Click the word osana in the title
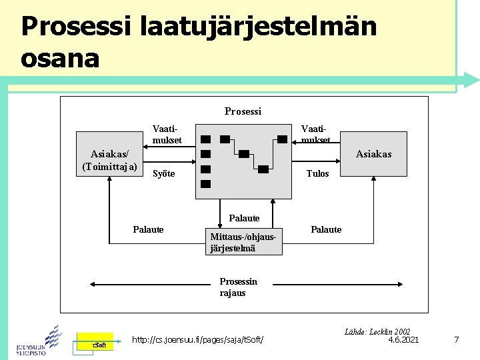[60, 58]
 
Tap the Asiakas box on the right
[374, 154]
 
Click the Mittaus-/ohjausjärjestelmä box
[243, 243]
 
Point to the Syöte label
[164, 174]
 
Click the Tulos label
[317, 174]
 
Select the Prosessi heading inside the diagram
[243, 111]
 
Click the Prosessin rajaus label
[238, 287]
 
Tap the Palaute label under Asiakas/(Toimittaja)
[148, 230]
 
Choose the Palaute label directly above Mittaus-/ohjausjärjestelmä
[244, 218]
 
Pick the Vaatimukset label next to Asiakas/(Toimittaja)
[167, 134]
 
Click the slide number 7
[456, 340]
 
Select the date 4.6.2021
[403, 340]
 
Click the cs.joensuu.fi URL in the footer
[198, 341]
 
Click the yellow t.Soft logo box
[94, 343]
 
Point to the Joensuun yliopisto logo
[39, 340]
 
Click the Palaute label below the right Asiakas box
[326, 230]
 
